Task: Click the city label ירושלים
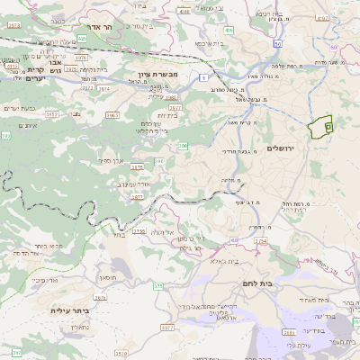point(288,147)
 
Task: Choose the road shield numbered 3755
point(139,231)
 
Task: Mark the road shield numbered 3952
point(54,115)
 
